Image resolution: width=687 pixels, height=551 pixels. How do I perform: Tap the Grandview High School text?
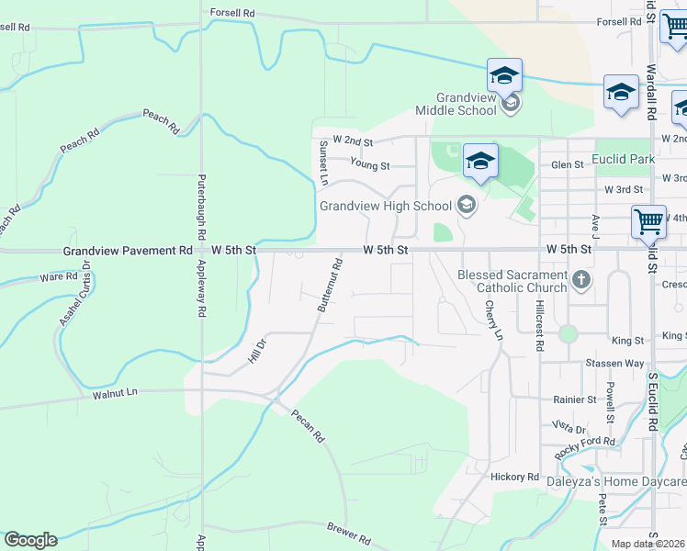point(386,206)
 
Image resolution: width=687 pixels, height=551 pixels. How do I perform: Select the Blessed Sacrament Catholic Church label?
point(512,281)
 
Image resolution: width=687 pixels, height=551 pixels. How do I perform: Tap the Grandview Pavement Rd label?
point(128,250)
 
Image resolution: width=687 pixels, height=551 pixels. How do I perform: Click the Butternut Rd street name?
point(330,285)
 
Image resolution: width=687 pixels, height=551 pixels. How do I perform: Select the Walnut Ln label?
point(115,393)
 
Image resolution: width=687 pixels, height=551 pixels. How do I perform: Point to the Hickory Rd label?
point(514,477)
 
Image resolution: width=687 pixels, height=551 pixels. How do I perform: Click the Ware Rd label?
point(59,276)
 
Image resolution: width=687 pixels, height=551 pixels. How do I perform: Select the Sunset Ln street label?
point(322,163)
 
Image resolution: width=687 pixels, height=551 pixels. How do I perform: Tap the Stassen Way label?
point(614,364)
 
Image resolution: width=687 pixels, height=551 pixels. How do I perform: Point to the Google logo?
point(30,540)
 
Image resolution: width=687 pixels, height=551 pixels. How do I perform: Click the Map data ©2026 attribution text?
point(648,544)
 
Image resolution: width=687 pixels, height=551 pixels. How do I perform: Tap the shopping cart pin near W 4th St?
point(648,221)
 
